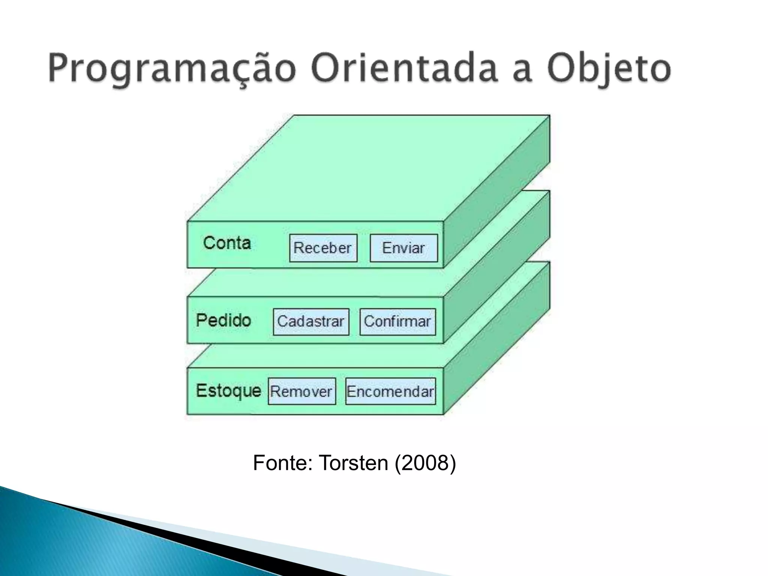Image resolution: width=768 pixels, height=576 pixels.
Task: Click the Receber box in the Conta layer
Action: coord(323,248)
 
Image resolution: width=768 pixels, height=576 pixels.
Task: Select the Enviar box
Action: coord(403,248)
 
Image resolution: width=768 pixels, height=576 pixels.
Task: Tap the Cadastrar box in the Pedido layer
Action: coord(311,321)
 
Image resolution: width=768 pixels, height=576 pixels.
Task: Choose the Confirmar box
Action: coord(397,321)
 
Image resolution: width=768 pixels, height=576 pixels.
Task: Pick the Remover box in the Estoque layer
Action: coord(301,391)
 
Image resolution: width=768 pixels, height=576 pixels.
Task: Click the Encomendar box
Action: coord(390,391)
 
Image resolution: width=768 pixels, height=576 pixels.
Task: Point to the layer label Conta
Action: coord(227,243)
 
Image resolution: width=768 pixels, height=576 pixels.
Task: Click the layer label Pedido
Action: coord(223,320)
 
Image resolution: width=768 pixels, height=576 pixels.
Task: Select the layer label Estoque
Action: coord(228,391)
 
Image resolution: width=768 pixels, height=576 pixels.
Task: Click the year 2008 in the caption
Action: coord(425,463)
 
